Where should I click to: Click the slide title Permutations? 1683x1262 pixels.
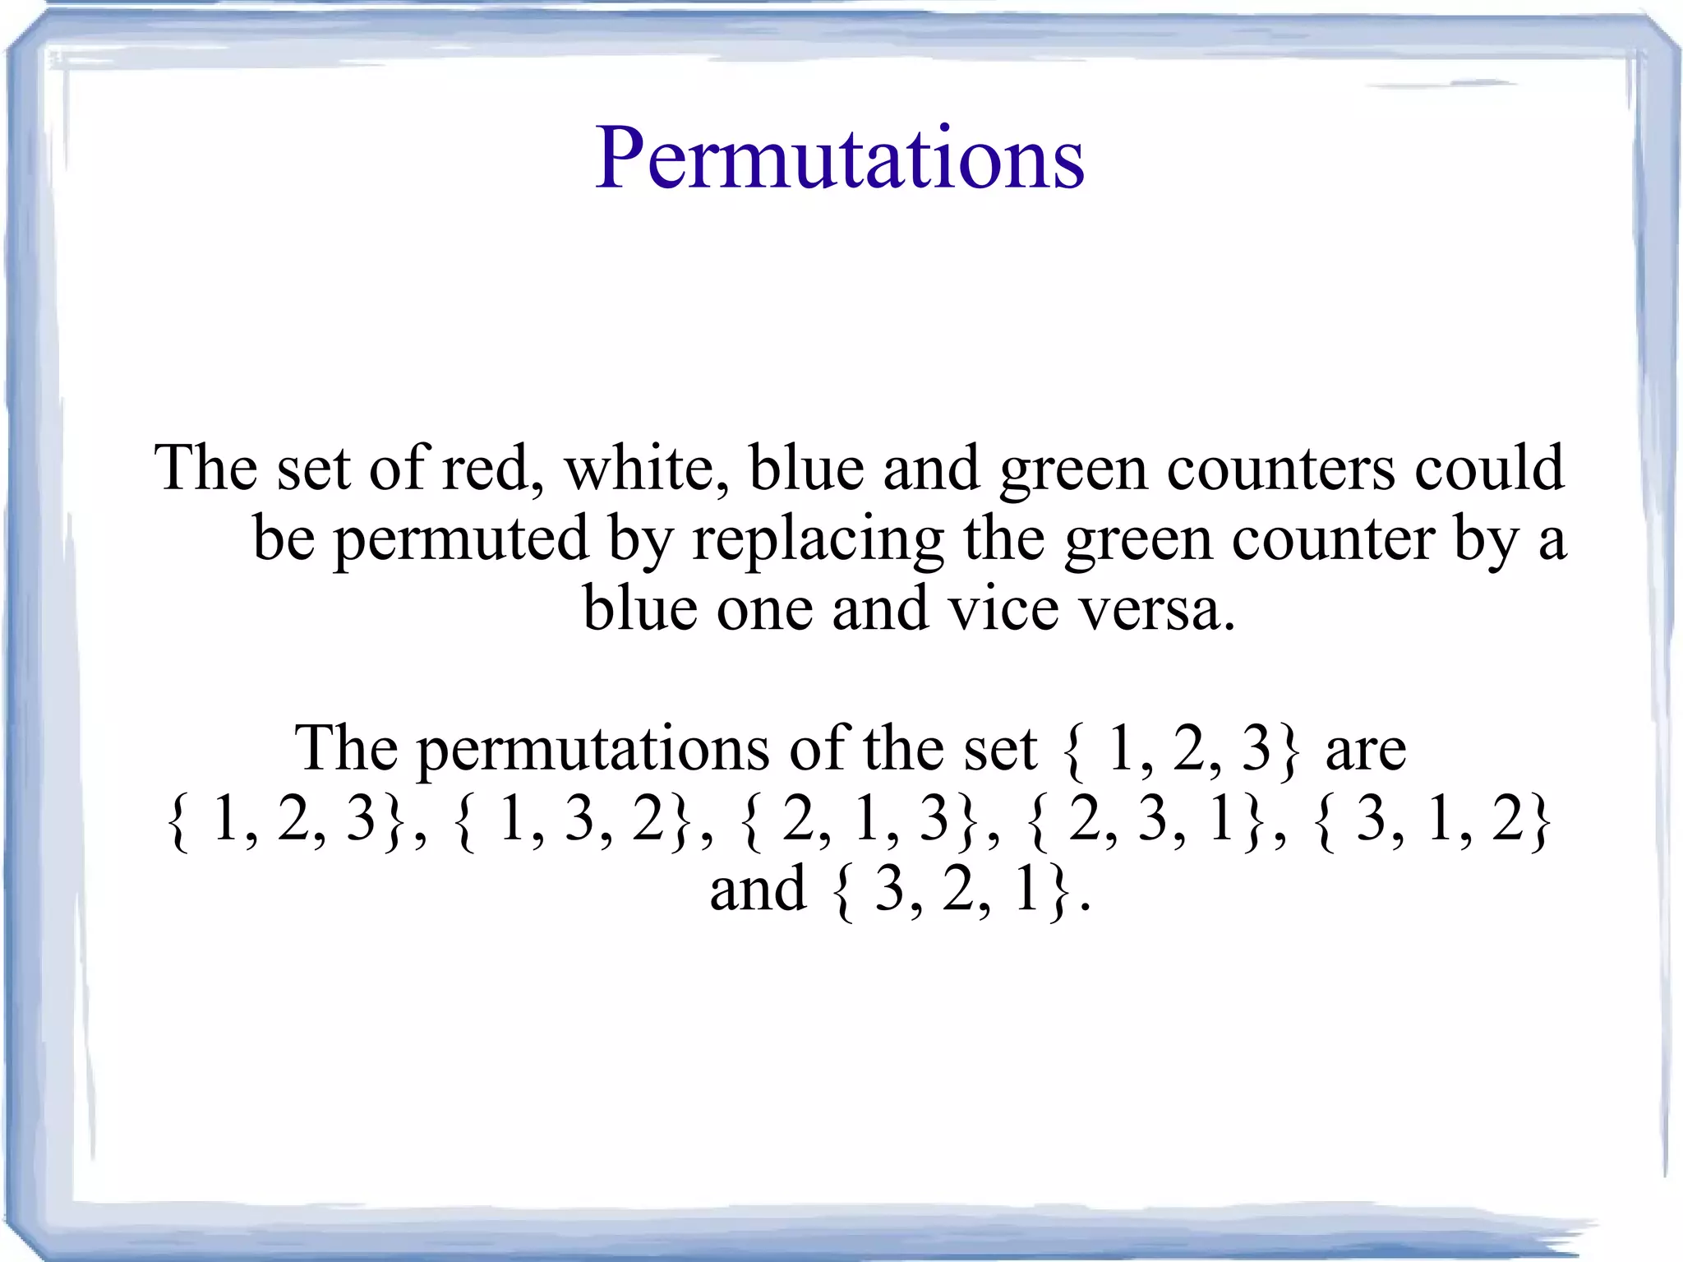click(x=839, y=158)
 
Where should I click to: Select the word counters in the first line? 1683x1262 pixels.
click(x=1280, y=469)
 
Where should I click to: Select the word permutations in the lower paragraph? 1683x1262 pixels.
click(x=593, y=750)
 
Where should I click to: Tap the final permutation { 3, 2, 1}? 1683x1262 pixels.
click(x=952, y=890)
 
